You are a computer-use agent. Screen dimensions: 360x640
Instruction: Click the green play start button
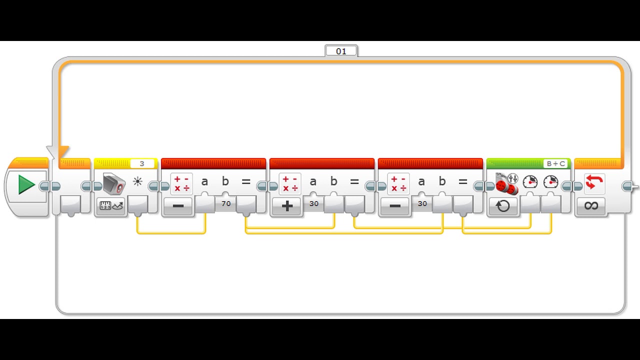coord(26,185)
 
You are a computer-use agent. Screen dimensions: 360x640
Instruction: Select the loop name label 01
coord(341,51)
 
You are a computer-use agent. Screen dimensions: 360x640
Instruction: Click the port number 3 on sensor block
coord(142,163)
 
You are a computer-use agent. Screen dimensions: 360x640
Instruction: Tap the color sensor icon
coord(113,183)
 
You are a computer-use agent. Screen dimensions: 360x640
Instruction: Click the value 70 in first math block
coord(226,203)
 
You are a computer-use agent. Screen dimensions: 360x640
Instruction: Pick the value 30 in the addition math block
coord(314,203)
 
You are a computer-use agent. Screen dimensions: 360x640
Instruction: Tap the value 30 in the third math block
coord(422,203)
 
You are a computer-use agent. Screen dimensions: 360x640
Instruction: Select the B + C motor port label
coord(555,163)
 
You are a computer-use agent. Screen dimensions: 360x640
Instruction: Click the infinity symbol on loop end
coord(590,205)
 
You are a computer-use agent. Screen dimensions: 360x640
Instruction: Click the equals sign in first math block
coord(246,182)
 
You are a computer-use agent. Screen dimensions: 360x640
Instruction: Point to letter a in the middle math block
coord(313,182)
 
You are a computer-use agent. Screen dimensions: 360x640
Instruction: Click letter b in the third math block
coord(442,182)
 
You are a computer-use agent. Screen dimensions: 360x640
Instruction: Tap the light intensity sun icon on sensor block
coord(137,182)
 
